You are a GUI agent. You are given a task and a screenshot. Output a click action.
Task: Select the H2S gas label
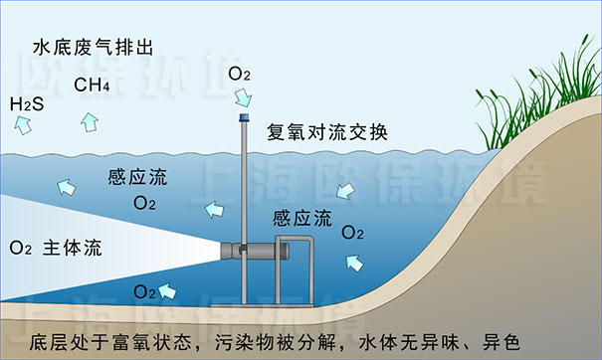coord(28,103)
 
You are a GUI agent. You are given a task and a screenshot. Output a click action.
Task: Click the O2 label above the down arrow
coord(240,74)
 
